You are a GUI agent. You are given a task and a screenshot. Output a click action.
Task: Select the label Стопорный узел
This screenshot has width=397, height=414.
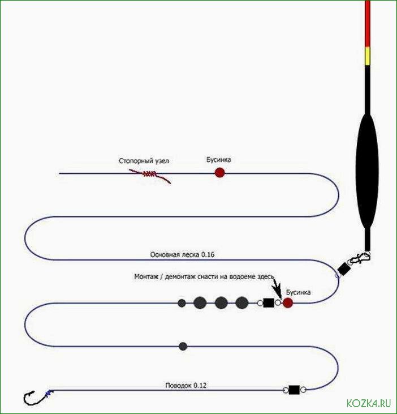click(144, 161)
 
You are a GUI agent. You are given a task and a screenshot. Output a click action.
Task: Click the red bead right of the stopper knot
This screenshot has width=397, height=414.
click(219, 172)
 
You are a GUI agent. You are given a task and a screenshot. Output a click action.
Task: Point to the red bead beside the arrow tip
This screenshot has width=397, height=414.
click(288, 303)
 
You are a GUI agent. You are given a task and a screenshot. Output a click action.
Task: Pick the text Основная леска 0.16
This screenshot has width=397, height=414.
click(182, 255)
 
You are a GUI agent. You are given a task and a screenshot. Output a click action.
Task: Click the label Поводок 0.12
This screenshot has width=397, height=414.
click(186, 386)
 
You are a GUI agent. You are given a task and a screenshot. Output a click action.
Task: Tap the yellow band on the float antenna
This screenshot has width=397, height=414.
click(368, 56)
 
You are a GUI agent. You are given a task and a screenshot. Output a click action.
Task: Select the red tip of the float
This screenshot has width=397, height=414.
click(368, 23)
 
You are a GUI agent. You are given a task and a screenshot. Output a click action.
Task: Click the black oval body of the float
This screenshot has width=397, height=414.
click(366, 170)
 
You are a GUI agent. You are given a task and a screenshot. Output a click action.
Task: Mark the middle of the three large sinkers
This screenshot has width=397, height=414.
click(221, 303)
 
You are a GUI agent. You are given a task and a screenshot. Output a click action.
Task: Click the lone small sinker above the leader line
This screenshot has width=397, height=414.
click(182, 345)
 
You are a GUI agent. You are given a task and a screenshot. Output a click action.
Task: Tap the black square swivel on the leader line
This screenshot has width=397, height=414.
click(294, 390)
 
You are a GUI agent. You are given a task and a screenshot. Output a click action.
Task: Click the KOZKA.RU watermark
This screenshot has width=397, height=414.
click(368, 403)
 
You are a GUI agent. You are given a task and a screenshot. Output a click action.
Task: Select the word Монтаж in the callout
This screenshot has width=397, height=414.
click(147, 276)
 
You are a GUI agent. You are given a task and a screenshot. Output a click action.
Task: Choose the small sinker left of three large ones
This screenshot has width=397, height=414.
click(182, 303)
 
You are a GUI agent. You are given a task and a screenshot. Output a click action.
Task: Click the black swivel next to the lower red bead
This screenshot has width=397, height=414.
click(269, 303)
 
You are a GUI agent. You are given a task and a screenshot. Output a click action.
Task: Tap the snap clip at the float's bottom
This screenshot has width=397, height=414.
click(359, 260)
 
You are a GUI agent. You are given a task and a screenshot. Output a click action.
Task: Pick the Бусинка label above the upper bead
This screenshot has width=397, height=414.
click(218, 160)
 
